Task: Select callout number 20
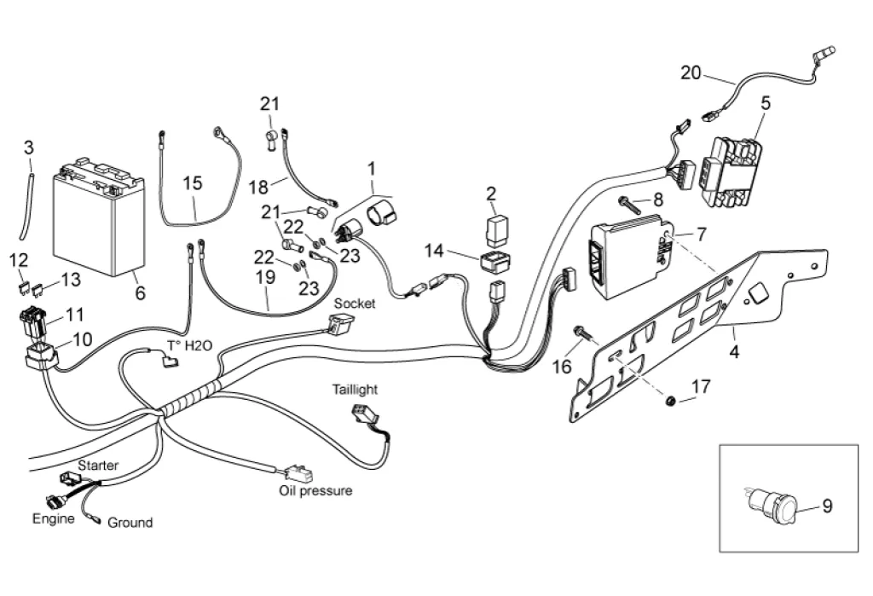(x=691, y=73)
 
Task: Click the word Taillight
(x=355, y=389)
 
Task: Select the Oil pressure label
(x=315, y=491)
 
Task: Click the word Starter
(x=98, y=466)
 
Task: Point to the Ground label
(x=130, y=523)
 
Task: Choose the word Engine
(x=53, y=518)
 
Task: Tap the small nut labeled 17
(x=670, y=399)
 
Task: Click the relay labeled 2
(x=495, y=226)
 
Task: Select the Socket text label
(x=355, y=304)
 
